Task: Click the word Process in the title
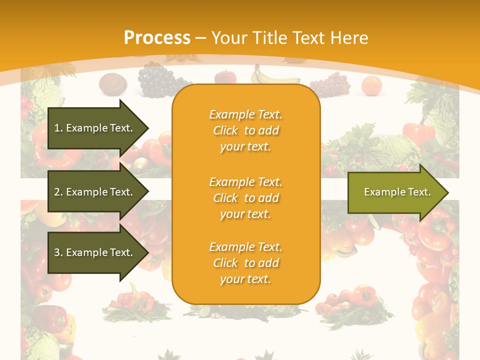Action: click(x=157, y=38)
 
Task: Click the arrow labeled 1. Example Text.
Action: click(x=95, y=128)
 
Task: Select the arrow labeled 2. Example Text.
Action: click(x=95, y=192)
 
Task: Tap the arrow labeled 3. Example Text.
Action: click(x=95, y=252)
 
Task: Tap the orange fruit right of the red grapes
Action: click(x=371, y=85)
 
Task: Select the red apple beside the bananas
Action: click(x=225, y=77)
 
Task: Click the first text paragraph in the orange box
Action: click(x=245, y=130)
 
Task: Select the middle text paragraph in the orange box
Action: click(x=245, y=198)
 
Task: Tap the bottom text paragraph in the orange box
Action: click(x=245, y=263)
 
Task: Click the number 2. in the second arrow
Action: click(x=58, y=192)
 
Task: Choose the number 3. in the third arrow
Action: click(x=58, y=252)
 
